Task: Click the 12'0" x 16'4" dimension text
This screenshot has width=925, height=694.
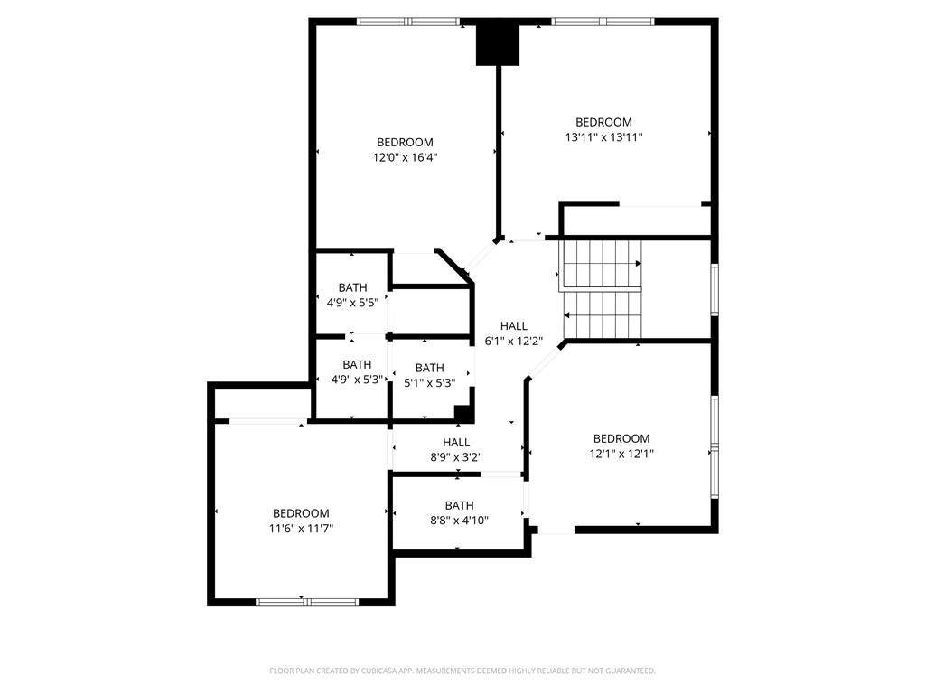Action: pos(406,157)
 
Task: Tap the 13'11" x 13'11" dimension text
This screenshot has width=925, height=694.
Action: pos(603,137)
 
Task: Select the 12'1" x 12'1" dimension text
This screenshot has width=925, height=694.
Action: pos(621,454)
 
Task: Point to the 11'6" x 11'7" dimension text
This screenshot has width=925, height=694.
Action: pos(301,529)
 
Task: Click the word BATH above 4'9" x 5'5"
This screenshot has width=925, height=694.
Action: pos(353,287)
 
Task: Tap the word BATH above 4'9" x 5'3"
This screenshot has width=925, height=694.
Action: pos(357,365)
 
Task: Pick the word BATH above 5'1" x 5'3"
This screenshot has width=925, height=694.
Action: pos(429,368)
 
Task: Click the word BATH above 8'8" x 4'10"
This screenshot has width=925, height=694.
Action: pos(459,506)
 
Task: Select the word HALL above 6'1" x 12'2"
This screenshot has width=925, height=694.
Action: pos(514,325)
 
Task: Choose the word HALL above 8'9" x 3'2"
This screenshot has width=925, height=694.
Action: pos(456,443)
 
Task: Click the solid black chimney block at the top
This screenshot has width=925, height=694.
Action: pos(498,45)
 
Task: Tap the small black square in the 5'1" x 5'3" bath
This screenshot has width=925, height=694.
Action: pos(463,414)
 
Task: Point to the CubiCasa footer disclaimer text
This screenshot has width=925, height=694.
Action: pos(462,671)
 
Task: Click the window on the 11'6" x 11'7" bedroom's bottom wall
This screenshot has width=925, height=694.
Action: pos(307,602)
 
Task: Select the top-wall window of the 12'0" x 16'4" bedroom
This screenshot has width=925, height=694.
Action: pos(408,22)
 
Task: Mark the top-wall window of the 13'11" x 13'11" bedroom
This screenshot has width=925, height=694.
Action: pos(603,22)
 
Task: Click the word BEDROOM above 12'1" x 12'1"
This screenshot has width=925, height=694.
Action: pos(621,438)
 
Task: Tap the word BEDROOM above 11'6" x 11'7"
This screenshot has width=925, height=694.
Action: pos(301,513)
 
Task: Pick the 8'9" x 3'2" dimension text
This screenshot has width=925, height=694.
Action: pos(456,457)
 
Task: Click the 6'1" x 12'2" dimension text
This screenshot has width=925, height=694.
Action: pos(514,341)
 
